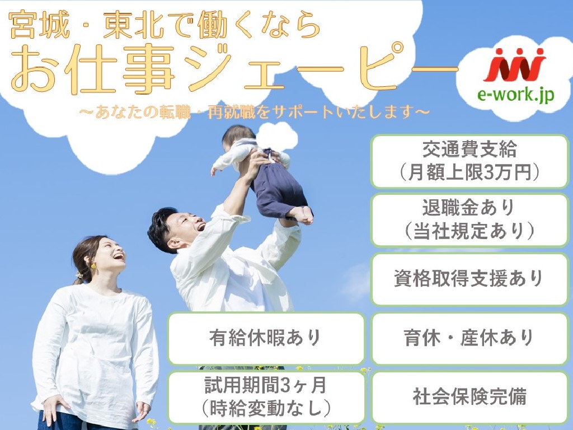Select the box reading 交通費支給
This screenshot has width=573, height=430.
(x=469, y=161)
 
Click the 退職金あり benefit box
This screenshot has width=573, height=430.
(x=469, y=220)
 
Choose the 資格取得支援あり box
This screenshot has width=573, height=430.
(x=469, y=279)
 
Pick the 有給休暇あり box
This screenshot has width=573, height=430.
(x=266, y=338)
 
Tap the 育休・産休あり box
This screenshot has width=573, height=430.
(x=469, y=338)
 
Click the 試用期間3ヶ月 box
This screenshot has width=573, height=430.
(x=266, y=397)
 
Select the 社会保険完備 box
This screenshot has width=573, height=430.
(x=469, y=397)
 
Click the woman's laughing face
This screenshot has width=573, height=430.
(x=110, y=255)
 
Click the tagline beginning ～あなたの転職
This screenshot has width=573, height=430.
(x=255, y=112)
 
